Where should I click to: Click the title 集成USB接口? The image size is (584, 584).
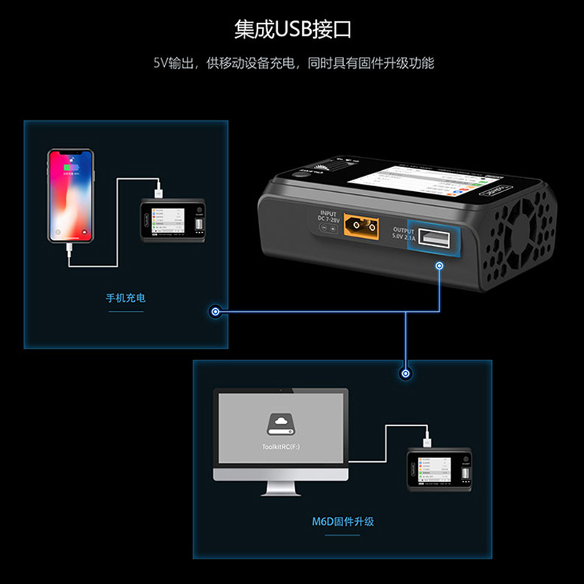tap(292, 28)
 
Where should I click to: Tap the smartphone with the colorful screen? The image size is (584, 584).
tap(72, 196)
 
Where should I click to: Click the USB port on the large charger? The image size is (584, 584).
tap(431, 238)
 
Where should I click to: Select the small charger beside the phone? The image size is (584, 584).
tap(172, 220)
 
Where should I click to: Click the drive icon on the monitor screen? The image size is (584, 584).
tap(280, 423)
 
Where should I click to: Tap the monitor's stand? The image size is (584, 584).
tap(281, 491)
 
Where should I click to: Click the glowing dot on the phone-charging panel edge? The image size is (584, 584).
tap(215, 312)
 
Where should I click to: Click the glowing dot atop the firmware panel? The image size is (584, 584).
tap(403, 373)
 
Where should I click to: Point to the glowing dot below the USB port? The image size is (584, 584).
tap(439, 266)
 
